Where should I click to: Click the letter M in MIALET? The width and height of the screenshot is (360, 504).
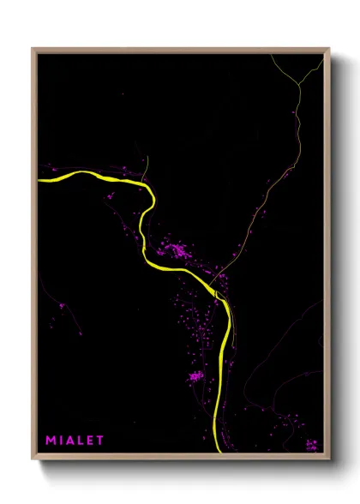click(51, 441)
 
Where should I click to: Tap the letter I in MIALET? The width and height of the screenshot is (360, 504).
click(63, 441)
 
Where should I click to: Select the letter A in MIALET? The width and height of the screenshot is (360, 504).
click(72, 441)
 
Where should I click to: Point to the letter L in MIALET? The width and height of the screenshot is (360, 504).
click(82, 441)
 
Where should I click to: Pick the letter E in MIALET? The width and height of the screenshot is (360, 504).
click(92, 441)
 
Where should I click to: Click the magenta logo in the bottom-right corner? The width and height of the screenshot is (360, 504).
click(312, 444)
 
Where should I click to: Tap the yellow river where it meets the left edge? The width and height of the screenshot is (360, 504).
click(41, 180)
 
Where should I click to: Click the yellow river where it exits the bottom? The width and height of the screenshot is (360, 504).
click(216, 451)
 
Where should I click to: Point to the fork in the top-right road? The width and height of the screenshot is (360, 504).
click(299, 83)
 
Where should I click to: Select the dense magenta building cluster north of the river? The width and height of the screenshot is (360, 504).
click(178, 251)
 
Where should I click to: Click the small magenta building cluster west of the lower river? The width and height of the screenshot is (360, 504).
click(196, 375)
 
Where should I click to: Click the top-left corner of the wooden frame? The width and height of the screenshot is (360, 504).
click(33, 49)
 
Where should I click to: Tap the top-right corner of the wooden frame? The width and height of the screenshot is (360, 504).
click(328, 49)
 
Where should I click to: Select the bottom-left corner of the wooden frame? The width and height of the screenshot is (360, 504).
click(33, 459)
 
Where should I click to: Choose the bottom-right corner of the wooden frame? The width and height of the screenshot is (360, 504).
click(328, 459)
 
